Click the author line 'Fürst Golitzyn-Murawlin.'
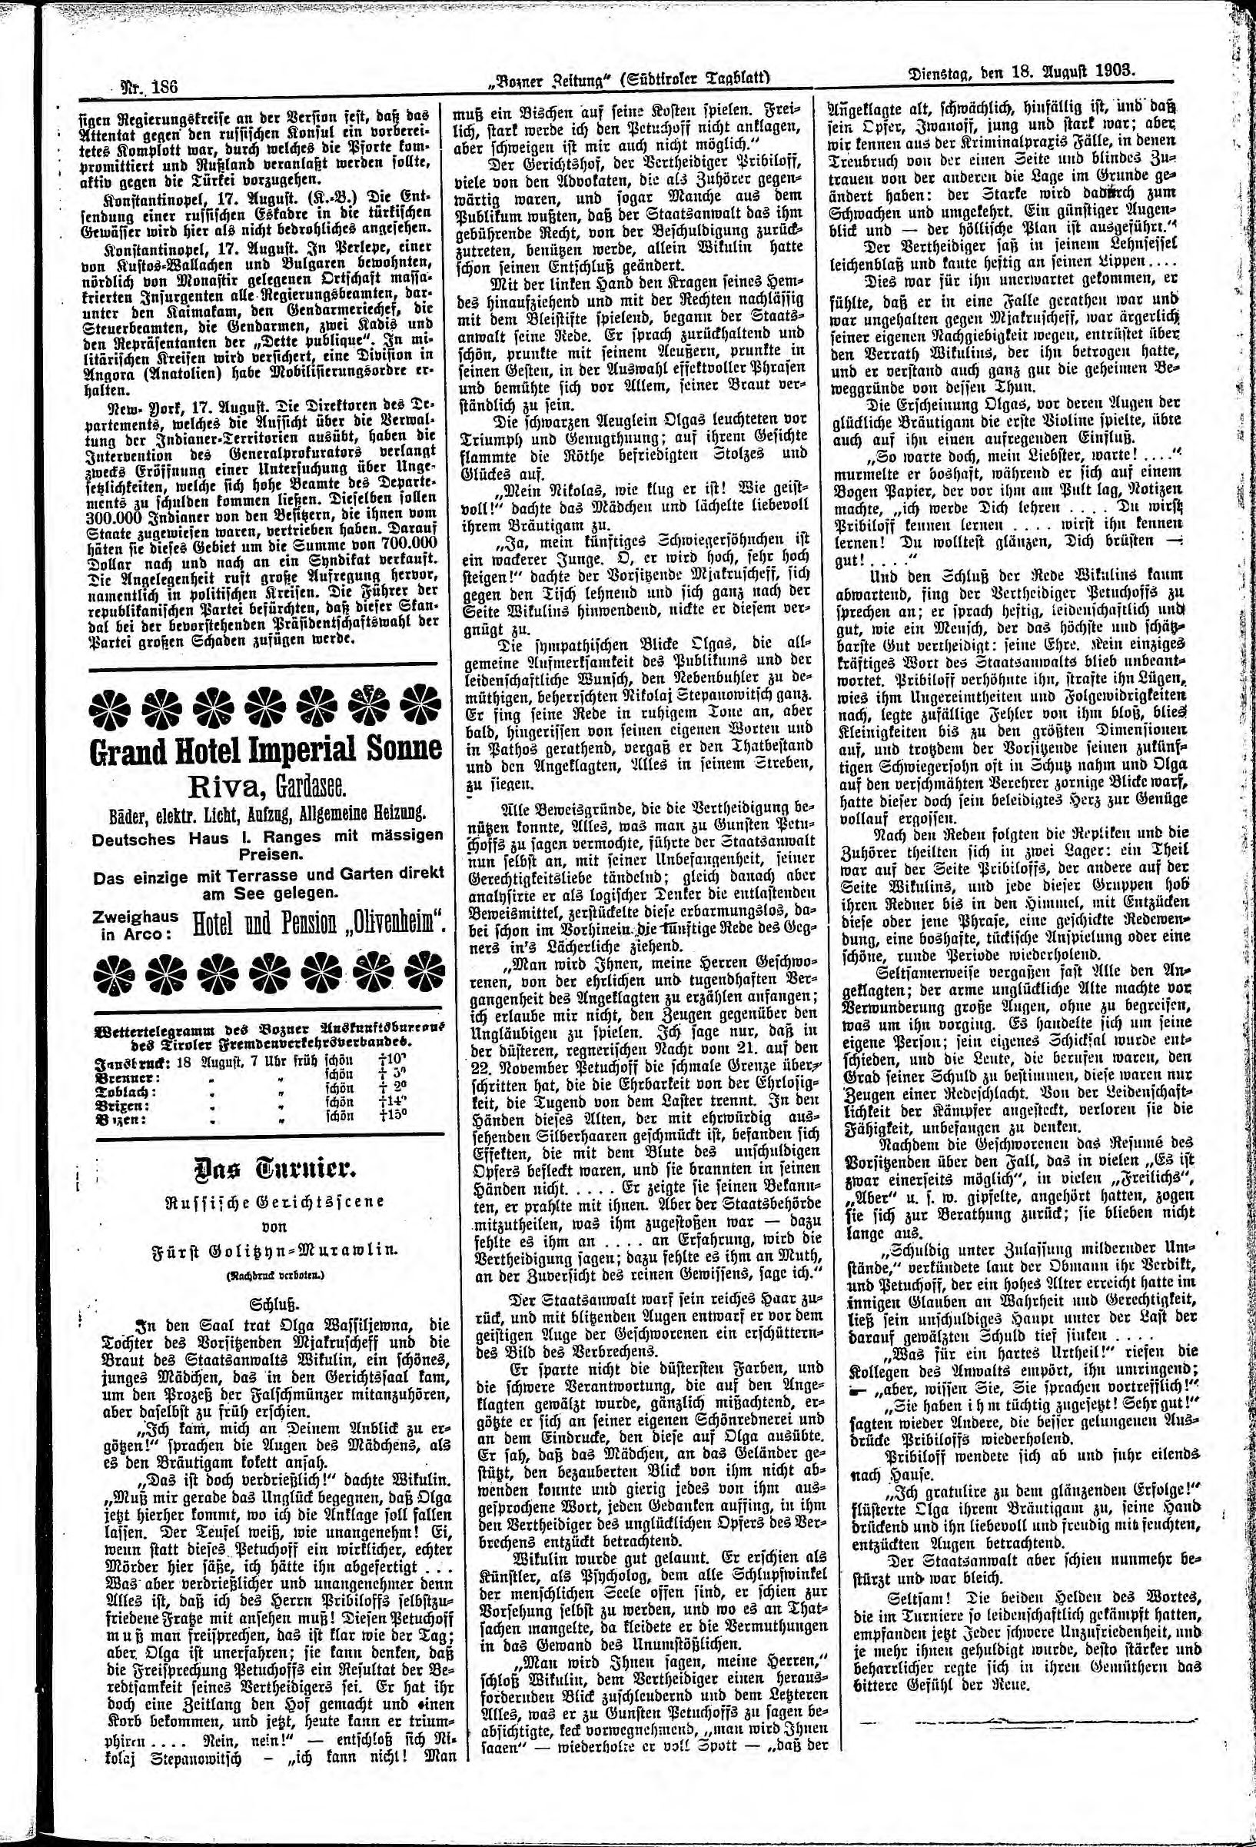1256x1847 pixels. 263,1249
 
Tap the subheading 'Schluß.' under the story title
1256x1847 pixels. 263,1305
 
